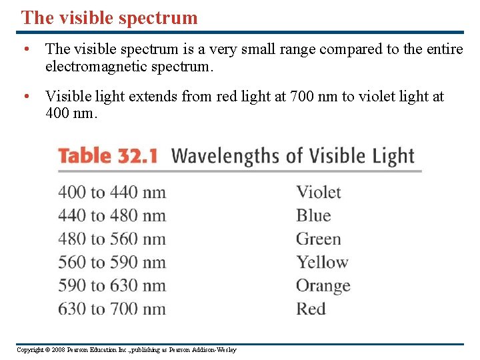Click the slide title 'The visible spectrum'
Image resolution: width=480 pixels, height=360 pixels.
[x=109, y=17]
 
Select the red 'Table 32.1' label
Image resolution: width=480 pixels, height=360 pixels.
[x=107, y=156]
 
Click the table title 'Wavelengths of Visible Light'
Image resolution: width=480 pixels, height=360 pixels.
[x=293, y=156]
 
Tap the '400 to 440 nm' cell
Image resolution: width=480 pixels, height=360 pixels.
[x=112, y=193]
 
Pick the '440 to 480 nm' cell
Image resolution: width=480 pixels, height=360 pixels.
[x=112, y=216]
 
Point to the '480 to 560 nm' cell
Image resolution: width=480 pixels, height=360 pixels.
[x=112, y=239]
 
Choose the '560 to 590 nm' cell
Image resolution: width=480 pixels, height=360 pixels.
[x=112, y=263]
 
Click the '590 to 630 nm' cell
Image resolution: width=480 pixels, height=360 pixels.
[x=112, y=286]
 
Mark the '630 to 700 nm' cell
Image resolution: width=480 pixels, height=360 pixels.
[x=112, y=309]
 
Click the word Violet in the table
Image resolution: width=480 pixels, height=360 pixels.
[x=319, y=193]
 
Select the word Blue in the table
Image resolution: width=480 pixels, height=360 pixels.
[x=313, y=216]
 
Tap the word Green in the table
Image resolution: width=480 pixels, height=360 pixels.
[x=319, y=239]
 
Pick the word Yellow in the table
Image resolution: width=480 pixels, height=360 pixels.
[x=323, y=263]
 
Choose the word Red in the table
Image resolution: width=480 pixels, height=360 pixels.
[x=311, y=309]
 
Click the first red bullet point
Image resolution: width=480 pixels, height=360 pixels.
[x=25, y=49]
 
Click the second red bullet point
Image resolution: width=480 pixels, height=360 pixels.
[x=25, y=97]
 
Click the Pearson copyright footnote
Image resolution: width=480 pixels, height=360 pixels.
[x=127, y=350]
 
